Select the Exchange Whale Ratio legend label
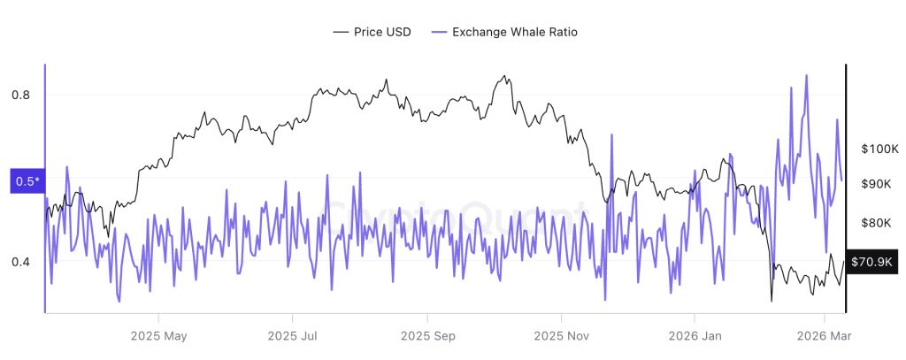point(515,32)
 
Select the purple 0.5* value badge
point(27,181)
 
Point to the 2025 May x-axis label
point(158,336)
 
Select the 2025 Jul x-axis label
point(292,336)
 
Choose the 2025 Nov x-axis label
point(561,336)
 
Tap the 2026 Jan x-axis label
point(695,336)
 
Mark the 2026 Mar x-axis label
point(824,336)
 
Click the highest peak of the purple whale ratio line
point(806,75)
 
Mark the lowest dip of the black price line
point(772,302)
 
